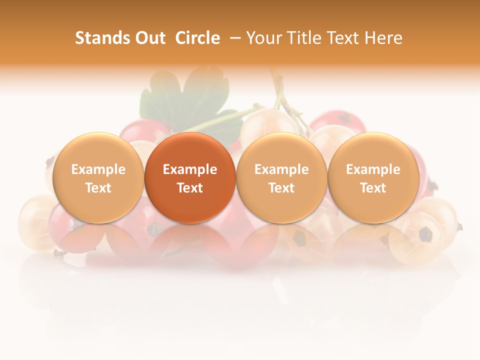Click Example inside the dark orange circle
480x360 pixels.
point(190,169)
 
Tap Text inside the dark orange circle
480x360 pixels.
point(190,188)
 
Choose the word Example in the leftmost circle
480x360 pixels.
point(98,169)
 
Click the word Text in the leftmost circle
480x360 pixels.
point(98,188)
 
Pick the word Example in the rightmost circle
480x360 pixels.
point(373,169)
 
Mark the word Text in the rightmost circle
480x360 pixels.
point(373,188)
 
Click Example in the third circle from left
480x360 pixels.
point(281,169)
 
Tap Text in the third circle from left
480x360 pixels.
point(281,188)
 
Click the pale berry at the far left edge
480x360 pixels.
point(35,220)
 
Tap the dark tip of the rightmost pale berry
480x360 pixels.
point(425,233)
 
